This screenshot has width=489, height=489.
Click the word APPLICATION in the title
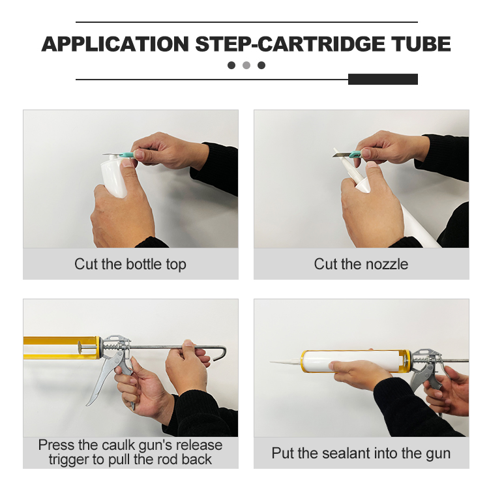(x=115, y=44)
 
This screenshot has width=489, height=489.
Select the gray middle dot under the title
(x=246, y=65)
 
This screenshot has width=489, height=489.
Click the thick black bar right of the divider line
(x=383, y=80)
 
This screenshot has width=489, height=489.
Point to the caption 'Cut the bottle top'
(x=130, y=264)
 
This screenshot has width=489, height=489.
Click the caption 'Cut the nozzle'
(x=361, y=264)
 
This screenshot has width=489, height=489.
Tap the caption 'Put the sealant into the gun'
(x=361, y=453)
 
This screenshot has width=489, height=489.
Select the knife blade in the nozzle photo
(x=341, y=154)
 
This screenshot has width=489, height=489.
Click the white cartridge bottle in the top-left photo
(x=115, y=176)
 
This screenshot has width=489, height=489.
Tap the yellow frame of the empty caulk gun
(x=59, y=339)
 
